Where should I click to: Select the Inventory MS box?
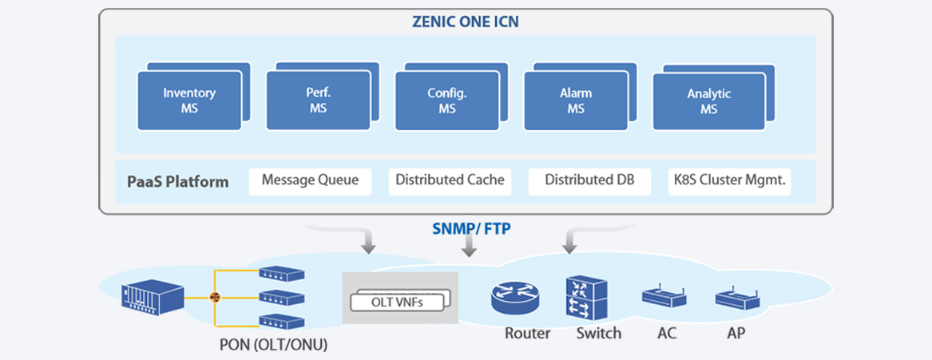tap(188, 101)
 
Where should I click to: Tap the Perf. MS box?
tap(318, 101)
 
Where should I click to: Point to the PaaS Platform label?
tap(177, 181)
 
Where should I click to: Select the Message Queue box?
tap(310, 181)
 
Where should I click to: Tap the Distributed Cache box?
tap(450, 181)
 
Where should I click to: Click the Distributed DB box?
tap(589, 181)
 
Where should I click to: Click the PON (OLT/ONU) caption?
tap(273, 346)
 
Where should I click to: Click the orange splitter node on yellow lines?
tap(214, 298)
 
